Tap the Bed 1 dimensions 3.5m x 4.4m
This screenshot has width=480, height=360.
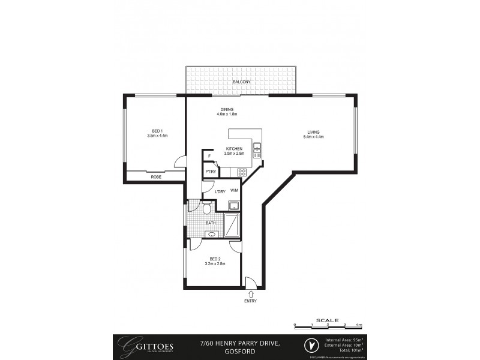click(x=157, y=136)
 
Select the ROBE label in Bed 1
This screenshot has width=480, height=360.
click(x=155, y=177)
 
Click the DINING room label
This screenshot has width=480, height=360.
click(x=226, y=109)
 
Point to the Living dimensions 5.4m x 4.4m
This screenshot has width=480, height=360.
click(x=313, y=137)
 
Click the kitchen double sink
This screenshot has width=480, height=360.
click(x=257, y=150)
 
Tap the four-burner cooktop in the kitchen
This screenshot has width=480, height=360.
click(x=242, y=173)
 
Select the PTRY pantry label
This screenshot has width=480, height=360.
click(x=210, y=172)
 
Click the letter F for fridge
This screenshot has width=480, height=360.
click(x=209, y=157)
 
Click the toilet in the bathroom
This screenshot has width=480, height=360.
click(x=206, y=208)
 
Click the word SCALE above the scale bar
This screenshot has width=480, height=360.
click(x=327, y=320)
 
